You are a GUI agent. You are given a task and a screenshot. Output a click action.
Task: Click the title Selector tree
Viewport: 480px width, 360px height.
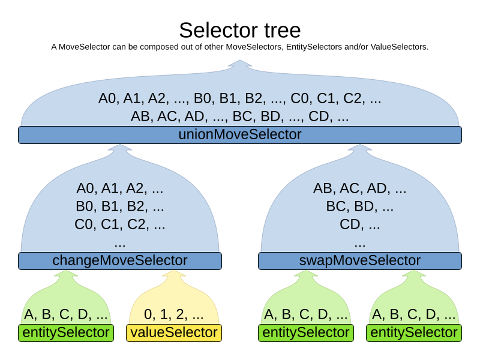[x=240, y=30]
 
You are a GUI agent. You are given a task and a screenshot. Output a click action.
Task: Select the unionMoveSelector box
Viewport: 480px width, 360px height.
[x=240, y=134]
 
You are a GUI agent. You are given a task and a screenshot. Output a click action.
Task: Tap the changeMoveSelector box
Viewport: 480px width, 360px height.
[x=120, y=260]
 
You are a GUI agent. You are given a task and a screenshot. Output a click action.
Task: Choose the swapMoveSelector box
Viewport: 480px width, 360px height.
[x=360, y=260]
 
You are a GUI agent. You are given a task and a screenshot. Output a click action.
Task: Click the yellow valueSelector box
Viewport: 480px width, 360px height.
[x=174, y=332]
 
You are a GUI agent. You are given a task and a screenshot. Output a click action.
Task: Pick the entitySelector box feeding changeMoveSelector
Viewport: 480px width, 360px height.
[x=66, y=332]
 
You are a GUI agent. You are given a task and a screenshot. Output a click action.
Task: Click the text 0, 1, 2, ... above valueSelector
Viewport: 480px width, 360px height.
[x=174, y=314]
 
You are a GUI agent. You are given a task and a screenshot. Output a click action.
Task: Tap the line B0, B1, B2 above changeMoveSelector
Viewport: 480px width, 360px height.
[x=120, y=207]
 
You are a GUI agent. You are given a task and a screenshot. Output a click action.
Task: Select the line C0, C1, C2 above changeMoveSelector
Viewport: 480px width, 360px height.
[x=120, y=225]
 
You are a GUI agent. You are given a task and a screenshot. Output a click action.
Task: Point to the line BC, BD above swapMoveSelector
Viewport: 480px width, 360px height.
[x=360, y=207]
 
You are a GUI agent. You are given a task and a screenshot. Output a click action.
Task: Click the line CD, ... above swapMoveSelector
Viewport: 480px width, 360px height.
[x=360, y=225]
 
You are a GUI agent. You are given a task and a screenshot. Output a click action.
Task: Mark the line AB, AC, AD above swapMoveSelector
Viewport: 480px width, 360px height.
[x=360, y=188]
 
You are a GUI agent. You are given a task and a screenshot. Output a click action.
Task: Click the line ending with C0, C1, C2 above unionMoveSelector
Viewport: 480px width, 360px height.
[x=240, y=98]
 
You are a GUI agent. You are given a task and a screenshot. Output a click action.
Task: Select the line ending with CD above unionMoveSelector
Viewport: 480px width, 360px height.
[x=240, y=116]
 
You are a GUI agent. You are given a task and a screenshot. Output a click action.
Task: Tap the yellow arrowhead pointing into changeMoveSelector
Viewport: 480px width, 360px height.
[x=174, y=274]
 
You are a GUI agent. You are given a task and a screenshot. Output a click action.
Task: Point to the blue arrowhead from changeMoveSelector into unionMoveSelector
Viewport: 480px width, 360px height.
[x=120, y=148]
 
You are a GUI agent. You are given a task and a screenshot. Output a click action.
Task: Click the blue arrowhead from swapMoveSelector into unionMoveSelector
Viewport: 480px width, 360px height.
[x=360, y=148]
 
